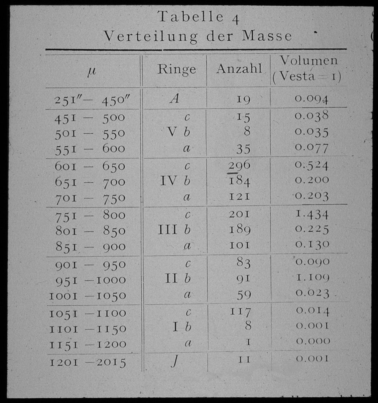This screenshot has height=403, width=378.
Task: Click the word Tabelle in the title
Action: click(191, 17)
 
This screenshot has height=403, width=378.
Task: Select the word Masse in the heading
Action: click(267, 36)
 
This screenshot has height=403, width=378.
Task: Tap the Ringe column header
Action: click(176, 69)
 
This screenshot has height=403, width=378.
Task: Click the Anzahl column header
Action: click(239, 69)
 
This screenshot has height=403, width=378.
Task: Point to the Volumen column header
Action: click(308, 61)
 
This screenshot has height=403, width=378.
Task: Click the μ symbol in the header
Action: click(91, 71)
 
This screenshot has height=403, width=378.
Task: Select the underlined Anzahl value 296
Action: click(239, 165)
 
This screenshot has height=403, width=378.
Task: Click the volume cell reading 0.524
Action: click(312, 165)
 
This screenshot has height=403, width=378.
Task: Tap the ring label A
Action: click(174, 99)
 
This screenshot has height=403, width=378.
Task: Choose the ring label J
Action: click(174, 362)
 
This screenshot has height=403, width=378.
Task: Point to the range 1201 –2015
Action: click(88, 362)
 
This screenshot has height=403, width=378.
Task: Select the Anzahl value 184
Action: click(239, 181)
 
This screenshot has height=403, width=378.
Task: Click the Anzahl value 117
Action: click(241, 312)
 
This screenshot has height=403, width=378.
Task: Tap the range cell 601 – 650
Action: click(90, 166)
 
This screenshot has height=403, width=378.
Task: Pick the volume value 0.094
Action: click(311, 99)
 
